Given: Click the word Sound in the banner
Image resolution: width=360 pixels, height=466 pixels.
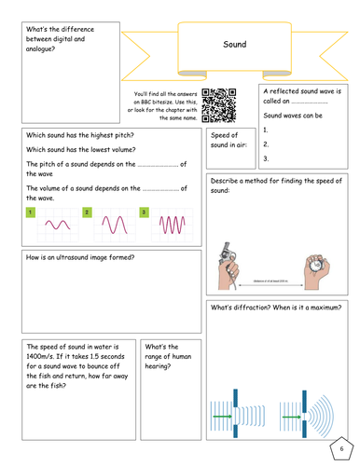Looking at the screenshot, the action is [x=234, y=44].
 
